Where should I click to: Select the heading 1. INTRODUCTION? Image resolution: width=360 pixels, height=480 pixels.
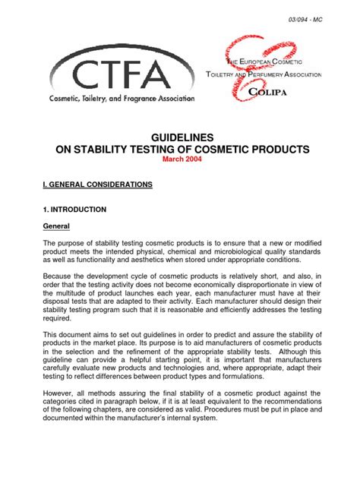(x=74, y=209)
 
